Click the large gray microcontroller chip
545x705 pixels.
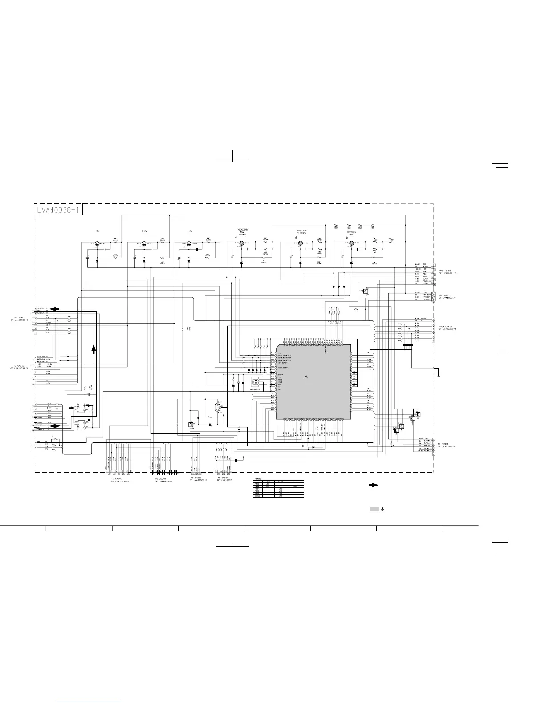click(x=313, y=381)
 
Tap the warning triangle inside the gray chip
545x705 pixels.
click(x=306, y=377)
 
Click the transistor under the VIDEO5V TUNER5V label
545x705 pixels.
click(x=301, y=243)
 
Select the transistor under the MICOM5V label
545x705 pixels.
click(x=351, y=243)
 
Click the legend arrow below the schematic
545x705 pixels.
click(x=373, y=485)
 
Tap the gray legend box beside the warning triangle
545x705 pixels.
click(x=374, y=509)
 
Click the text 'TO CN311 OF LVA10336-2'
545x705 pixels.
click(x=21, y=319)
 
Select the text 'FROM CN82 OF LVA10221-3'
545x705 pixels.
click(x=447, y=272)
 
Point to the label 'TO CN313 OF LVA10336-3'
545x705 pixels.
click(x=21, y=367)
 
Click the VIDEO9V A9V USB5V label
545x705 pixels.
click(x=243, y=231)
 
